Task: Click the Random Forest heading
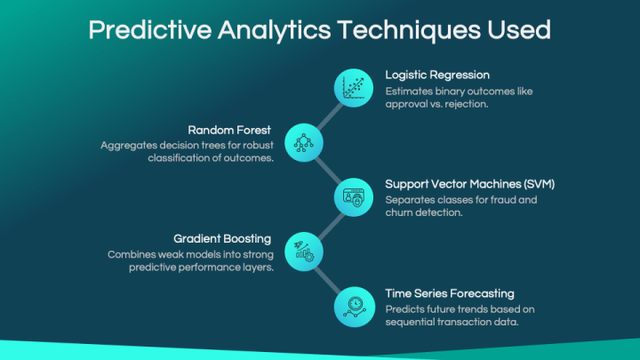coord(228,130)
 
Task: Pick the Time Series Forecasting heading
coord(450,292)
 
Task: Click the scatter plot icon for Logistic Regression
coord(353,87)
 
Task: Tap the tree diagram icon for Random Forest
coord(302,142)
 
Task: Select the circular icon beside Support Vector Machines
coord(353,196)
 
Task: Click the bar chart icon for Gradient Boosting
coord(302,251)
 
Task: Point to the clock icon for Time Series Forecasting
coord(353,306)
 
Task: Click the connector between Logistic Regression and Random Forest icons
coord(328,115)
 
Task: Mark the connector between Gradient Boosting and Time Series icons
coord(328,278)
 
